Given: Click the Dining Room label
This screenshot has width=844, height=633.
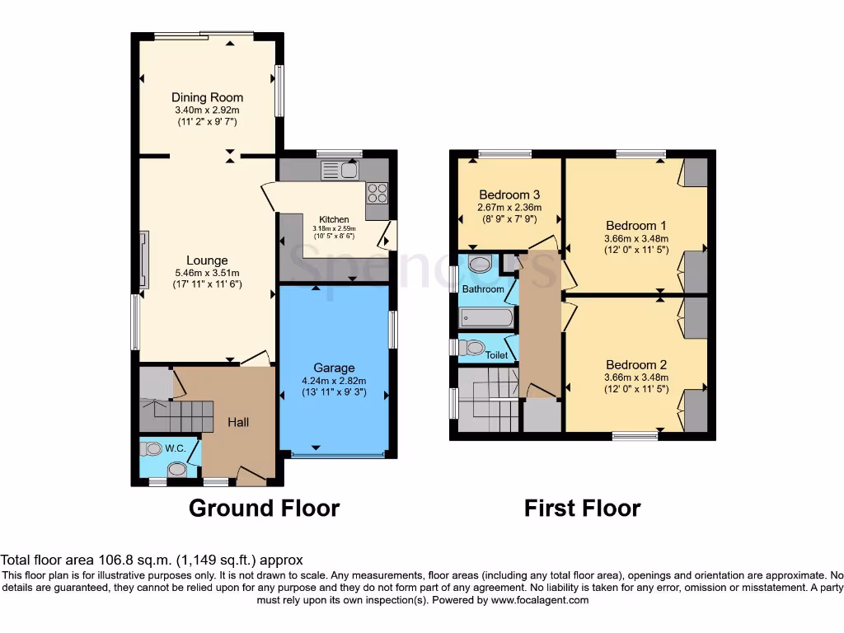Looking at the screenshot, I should point(207,97).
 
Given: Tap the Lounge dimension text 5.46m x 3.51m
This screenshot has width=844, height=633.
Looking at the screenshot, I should point(207,274).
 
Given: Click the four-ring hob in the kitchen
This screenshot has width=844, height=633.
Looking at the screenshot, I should point(377,193).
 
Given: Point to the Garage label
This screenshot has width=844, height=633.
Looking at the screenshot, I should point(334,368).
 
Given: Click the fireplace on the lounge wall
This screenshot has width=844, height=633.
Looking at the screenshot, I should point(144,260).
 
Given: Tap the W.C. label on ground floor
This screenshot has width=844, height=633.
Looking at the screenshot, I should point(175,449).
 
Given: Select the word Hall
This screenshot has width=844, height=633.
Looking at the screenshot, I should point(238,422).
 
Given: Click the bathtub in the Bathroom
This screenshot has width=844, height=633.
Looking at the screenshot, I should point(486,316).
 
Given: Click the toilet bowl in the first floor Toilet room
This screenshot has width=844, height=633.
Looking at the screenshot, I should point(472,347).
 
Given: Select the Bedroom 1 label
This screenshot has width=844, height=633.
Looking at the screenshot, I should point(635,226).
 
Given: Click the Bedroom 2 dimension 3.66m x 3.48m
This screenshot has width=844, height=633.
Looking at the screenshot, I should point(635,378).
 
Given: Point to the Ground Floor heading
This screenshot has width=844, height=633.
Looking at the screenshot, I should point(264,508).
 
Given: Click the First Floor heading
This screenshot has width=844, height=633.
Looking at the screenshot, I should point(582,508).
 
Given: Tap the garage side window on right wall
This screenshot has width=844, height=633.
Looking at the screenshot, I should point(392,330).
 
